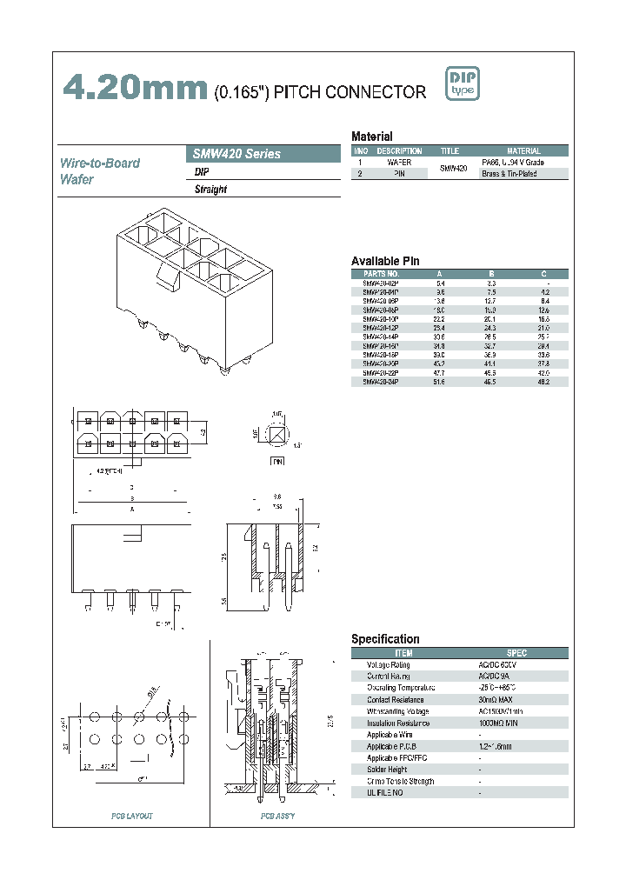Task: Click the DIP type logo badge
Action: click(x=462, y=84)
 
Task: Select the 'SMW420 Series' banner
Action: click(x=263, y=154)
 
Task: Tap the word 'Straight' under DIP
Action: click(x=210, y=190)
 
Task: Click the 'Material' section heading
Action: click(x=371, y=137)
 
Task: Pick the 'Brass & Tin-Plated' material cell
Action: click(x=509, y=174)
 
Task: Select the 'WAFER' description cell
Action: click(x=399, y=163)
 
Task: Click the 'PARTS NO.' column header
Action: click(x=381, y=273)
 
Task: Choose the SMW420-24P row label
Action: click(x=381, y=382)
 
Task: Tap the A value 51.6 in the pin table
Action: click(x=439, y=382)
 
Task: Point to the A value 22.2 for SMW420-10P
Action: click(x=439, y=319)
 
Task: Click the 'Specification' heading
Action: click(x=385, y=639)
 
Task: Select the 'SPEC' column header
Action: click(x=516, y=653)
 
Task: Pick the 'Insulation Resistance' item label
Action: click(x=398, y=723)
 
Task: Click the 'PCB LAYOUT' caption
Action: click(x=131, y=816)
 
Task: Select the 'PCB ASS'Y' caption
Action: click(x=277, y=816)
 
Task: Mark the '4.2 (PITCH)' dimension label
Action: click(x=110, y=470)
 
